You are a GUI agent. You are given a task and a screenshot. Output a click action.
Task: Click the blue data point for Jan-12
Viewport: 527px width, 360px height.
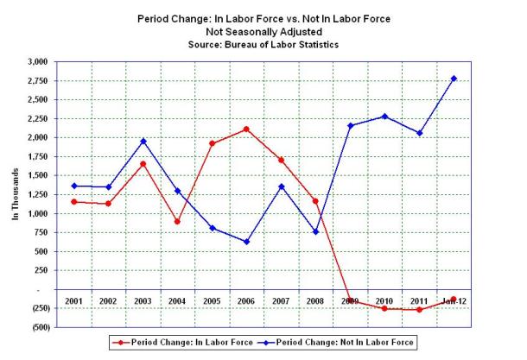[454, 79]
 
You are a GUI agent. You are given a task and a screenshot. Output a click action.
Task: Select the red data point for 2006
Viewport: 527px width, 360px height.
[246, 129]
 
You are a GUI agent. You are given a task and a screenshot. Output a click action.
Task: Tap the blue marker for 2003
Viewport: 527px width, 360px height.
[144, 141]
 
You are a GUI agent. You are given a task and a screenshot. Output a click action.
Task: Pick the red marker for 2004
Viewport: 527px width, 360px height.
[177, 221]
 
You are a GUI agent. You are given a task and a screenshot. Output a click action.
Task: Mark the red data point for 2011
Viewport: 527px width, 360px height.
[419, 309]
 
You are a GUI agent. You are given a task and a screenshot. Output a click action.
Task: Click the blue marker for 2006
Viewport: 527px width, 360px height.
[246, 242]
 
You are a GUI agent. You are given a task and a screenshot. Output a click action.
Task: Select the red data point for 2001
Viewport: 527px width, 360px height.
[75, 201]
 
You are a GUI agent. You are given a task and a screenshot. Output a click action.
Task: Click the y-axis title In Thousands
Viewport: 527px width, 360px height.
[16, 194]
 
